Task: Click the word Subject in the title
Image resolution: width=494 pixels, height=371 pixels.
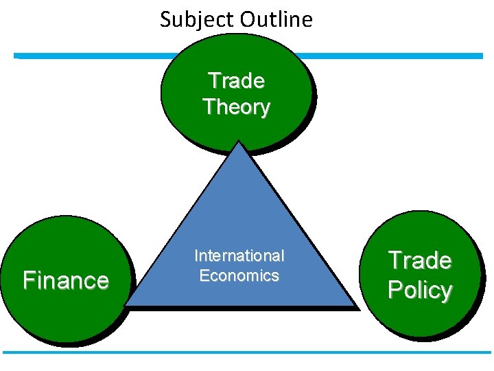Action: click(193, 19)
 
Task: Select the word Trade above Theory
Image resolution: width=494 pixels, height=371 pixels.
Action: click(236, 80)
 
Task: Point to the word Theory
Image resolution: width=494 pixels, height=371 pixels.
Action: click(236, 106)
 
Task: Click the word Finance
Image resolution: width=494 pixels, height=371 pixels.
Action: click(65, 280)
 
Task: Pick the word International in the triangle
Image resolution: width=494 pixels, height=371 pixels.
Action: click(239, 256)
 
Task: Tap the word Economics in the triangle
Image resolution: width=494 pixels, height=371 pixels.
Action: click(239, 276)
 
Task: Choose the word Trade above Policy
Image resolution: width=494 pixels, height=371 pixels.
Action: click(419, 260)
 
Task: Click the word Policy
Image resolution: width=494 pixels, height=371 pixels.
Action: click(419, 290)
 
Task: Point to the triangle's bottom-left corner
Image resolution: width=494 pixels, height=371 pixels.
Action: click(128, 304)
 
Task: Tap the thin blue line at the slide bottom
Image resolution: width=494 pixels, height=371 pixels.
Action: click(247, 352)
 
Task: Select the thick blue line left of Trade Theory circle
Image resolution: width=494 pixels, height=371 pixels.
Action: click(89, 56)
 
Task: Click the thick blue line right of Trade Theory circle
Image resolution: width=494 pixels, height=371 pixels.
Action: click(398, 56)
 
